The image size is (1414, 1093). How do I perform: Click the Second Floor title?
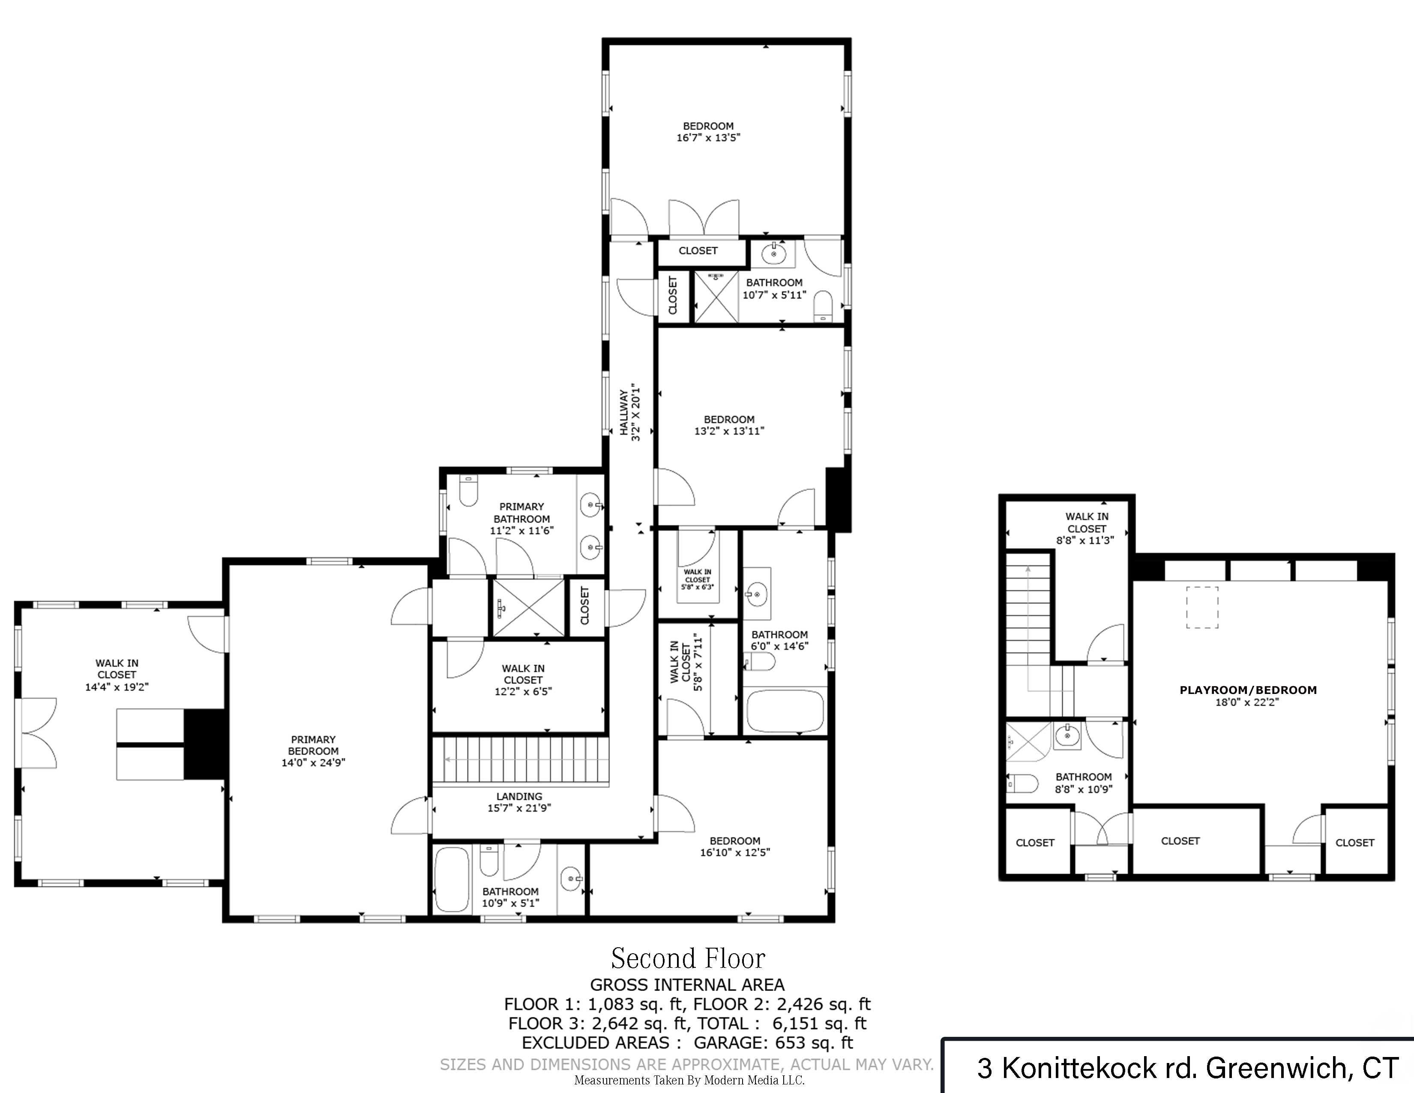point(688,958)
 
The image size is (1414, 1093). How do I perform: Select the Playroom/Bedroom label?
point(1248,690)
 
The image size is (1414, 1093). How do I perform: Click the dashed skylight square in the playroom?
point(1202,607)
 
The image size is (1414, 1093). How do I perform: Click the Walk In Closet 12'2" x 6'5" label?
point(523,680)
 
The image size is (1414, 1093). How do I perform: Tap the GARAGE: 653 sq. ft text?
point(773,1042)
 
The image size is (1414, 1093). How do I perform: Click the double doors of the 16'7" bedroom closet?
point(704,220)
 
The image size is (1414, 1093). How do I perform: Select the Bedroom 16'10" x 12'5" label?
point(735,846)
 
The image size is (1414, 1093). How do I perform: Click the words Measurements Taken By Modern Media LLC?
point(689,1081)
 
